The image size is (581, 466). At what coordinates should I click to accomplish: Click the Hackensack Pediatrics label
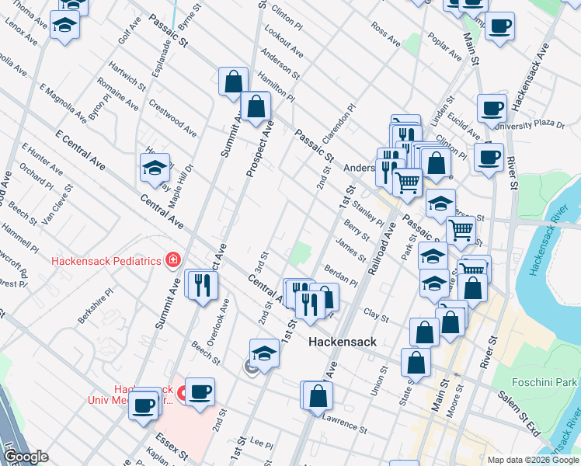(x=106, y=261)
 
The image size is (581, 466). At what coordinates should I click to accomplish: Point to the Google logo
(x=26, y=457)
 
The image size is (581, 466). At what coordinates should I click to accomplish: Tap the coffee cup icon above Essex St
(x=144, y=405)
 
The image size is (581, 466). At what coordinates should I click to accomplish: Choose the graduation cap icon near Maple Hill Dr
(x=155, y=167)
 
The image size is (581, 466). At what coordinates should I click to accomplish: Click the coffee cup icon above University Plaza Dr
(x=491, y=108)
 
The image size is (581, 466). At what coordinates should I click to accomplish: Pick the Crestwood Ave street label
(x=172, y=113)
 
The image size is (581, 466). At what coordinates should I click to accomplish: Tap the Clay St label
(x=376, y=315)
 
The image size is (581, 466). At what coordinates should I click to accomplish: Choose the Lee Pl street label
(x=262, y=443)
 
